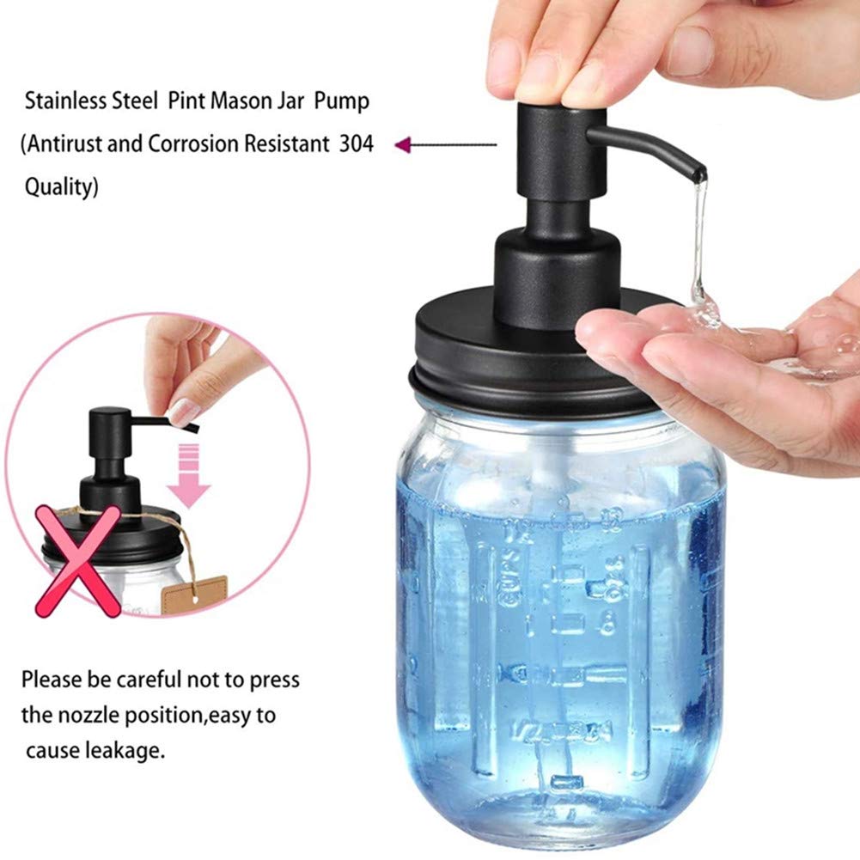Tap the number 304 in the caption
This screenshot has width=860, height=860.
pos(356,143)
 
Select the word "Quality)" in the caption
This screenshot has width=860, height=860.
pos(61,186)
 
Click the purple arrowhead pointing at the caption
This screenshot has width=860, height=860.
pos(401,145)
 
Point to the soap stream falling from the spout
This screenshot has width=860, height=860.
pos(698,241)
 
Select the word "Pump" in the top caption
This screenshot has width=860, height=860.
pos(341,101)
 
